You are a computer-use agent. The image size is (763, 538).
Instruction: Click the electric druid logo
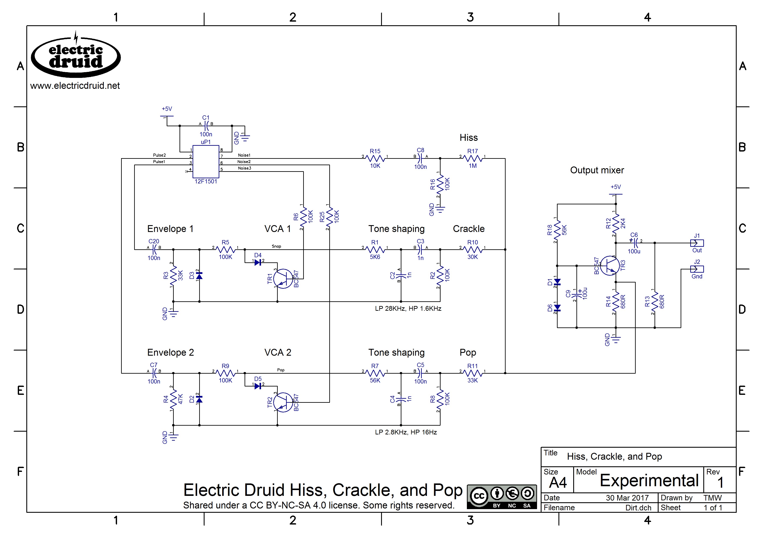[x=76, y=56]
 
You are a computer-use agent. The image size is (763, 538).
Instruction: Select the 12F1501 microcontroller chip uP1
[x=206, y=162]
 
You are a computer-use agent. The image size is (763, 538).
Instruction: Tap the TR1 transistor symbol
[x=282, y=278]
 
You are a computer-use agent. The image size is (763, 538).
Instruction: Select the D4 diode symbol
[x=258, y=262]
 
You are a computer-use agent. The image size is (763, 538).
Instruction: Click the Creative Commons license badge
[x=502, y=497]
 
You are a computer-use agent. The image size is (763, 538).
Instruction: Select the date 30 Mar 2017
[x=627, y=498]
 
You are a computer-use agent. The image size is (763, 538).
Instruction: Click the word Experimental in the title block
[x=649, y=480]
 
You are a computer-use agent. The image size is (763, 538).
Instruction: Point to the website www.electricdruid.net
[x=75, y=86]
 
